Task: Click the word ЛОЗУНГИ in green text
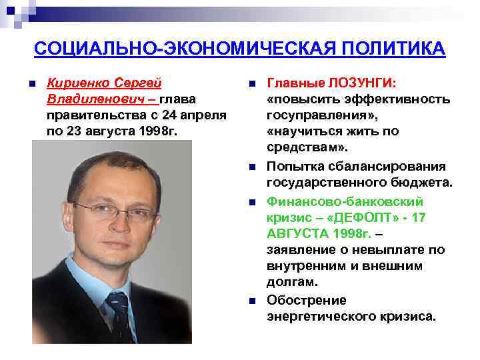(361, 83)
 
